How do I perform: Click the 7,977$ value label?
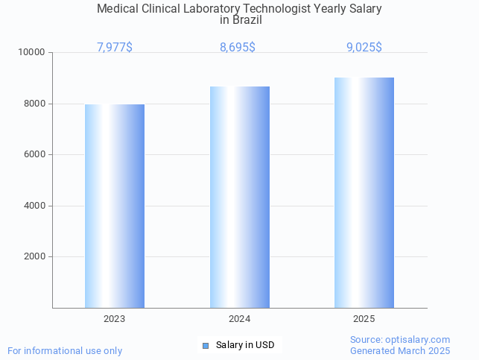(x=115, y=48)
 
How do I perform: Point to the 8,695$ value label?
(x=238, y=48)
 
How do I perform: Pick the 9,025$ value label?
(x=364, y=48)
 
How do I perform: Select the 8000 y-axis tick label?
(x=35, y=104)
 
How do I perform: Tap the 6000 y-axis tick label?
(x=35, y=155)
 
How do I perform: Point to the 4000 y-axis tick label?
(x=35, y=206)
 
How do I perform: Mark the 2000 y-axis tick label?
(x=35, y=257)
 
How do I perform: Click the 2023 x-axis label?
(x=115, y=319)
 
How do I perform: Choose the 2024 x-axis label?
(x=239, y=319)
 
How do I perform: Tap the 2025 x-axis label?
(x=364, y=319)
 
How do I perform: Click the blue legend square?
(x=206, y=345)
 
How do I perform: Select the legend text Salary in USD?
(x=245, y=345)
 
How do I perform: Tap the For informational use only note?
(x=65, y=350)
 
